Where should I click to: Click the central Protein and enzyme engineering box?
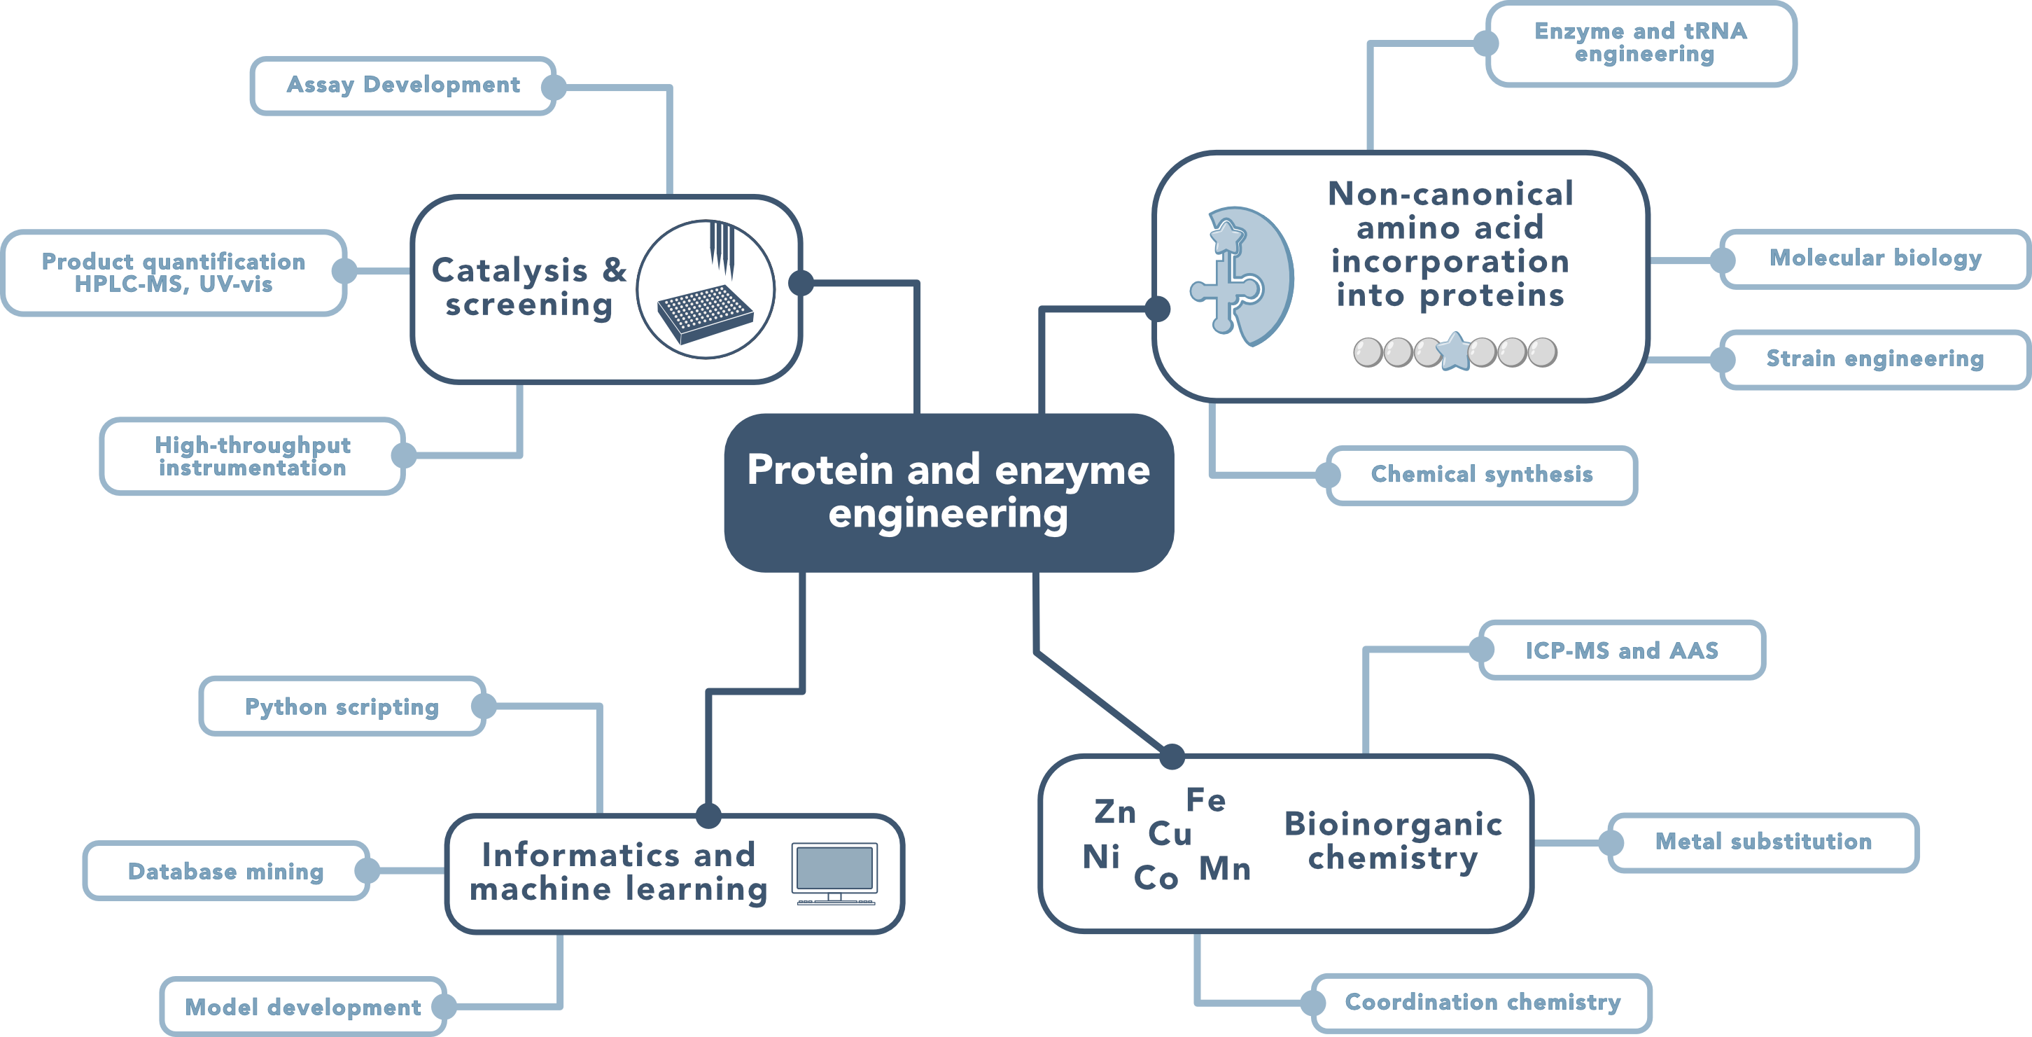pos(949,492)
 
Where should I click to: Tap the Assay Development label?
pos(403,85)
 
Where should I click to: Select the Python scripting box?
pos(342,707)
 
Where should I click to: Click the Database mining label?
pos(226,871)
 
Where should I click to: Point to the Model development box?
pos(303,1007)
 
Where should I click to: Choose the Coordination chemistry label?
pos(1483,1002)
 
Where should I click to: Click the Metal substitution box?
pos(1763,842)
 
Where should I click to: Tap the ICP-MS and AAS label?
pos(1622,650)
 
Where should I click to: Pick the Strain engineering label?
pos(1875,359)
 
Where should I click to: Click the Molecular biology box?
pos(1875,259)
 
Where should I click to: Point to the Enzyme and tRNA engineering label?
pos(1641,43)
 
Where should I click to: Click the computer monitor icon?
pos(835,874)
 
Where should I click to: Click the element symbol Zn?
pos(1115,812)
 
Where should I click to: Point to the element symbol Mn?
pos(1225,869)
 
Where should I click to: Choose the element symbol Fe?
pos(1206,800)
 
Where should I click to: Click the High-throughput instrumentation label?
pos(253,456)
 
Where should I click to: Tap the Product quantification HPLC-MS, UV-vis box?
pos(174,273)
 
